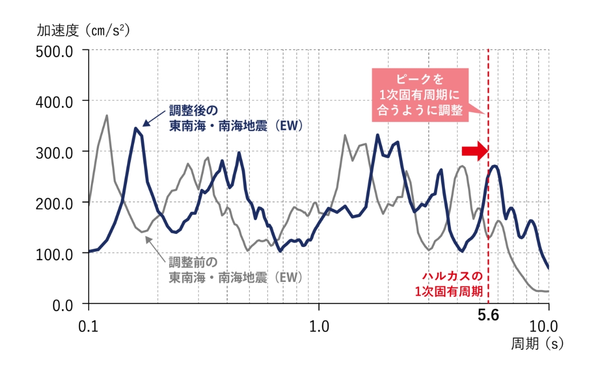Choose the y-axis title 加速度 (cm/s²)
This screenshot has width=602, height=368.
click(x=83, y=30)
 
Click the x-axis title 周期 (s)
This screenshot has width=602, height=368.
click(x=537, y=344)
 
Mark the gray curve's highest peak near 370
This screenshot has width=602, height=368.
click(x=107, y=116)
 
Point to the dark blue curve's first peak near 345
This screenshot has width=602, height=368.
click(x=136, y=129)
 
